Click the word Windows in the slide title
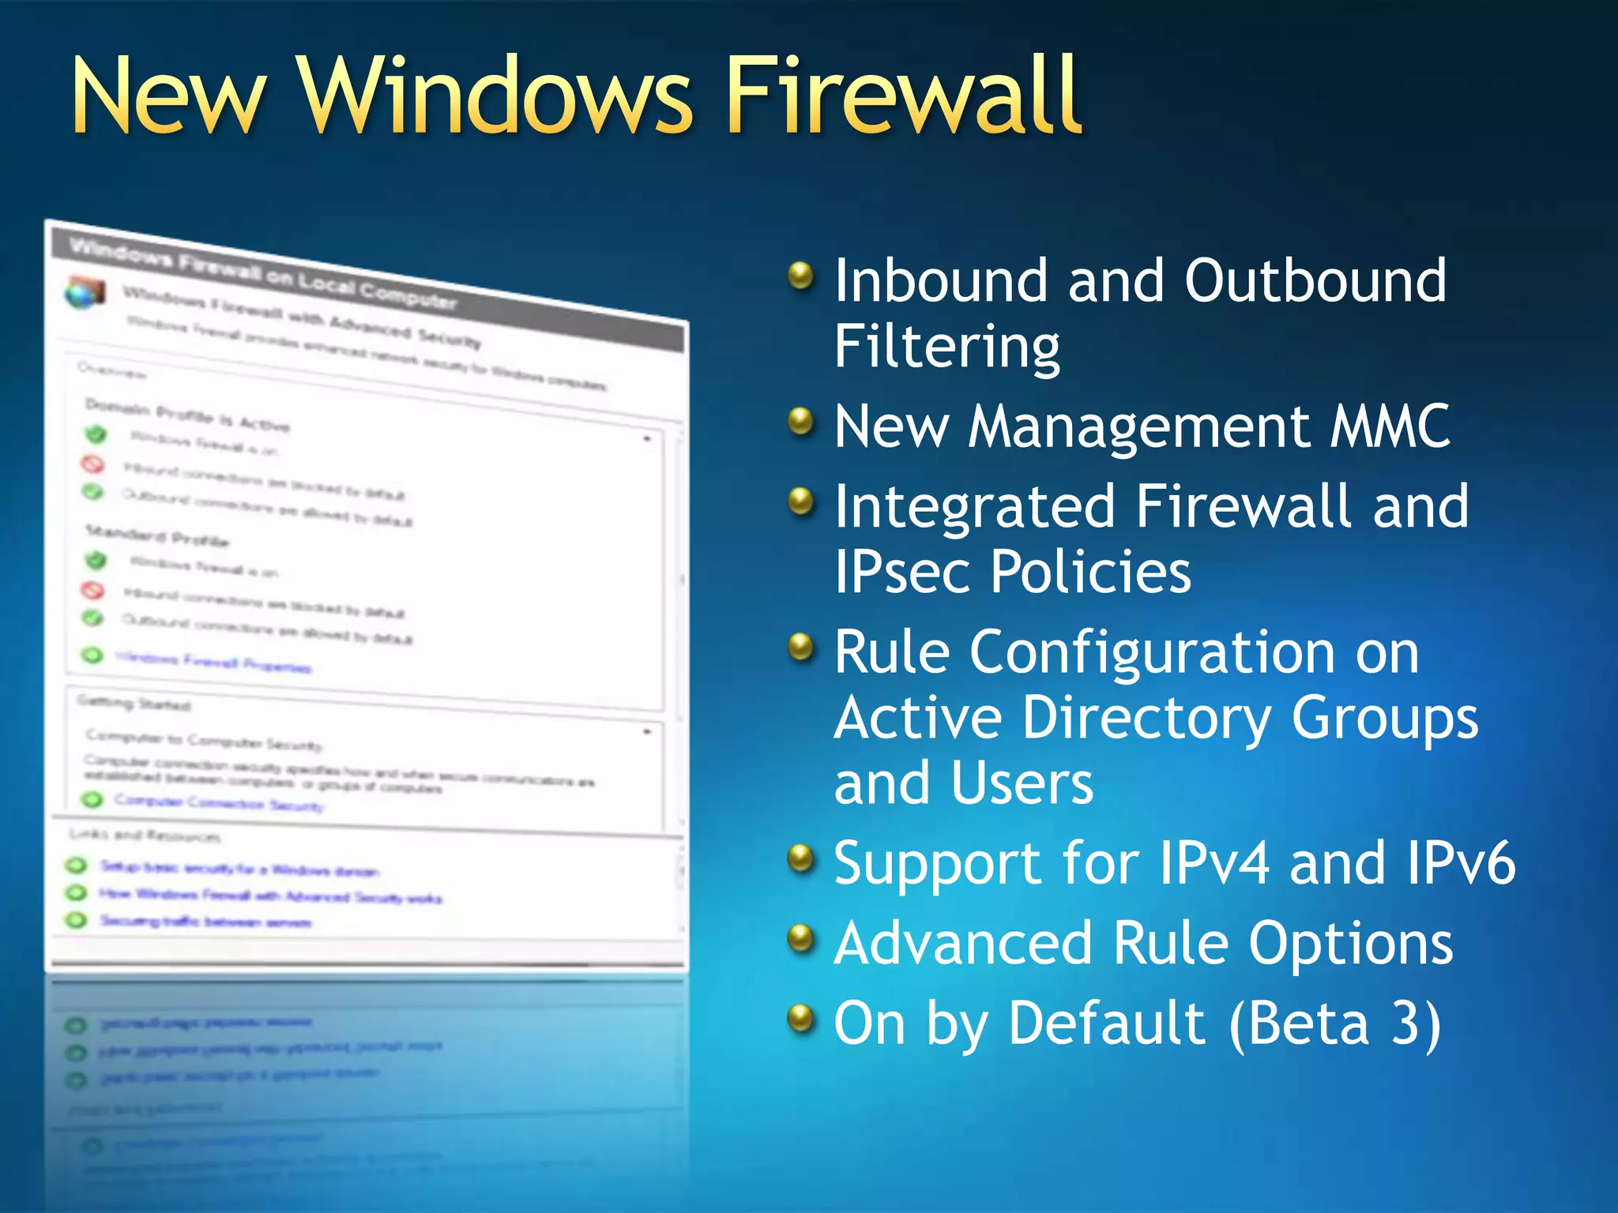(495, 96)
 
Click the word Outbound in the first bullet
(1315, 280)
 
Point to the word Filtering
(946, 347)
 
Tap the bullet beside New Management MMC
(801, 421)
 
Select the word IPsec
(901, 573)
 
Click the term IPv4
(1213, 862)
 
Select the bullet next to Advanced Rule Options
(801, 938)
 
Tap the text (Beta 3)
(1335, 1024)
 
